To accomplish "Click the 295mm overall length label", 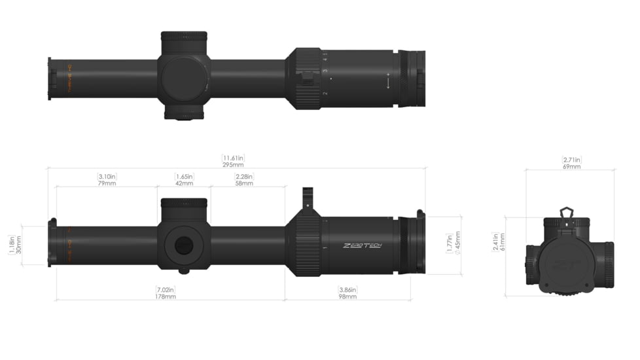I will point(233,166).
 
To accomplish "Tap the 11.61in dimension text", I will point(233,158).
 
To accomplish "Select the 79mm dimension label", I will point(107,184).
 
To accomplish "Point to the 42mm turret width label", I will point(184,184).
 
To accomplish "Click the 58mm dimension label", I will point(243,184).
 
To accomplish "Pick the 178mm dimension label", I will point(166,297).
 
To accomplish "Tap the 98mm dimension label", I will point(347,297).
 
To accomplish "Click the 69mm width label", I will point(571,167).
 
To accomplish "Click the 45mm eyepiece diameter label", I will point(456,243).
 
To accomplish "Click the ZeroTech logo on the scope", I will point(363,245).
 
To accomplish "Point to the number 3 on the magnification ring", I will point(325,71).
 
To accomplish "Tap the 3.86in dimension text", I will point(347,289).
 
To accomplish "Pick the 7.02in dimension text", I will point(166,289).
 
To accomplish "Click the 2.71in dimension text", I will point(571,159).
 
